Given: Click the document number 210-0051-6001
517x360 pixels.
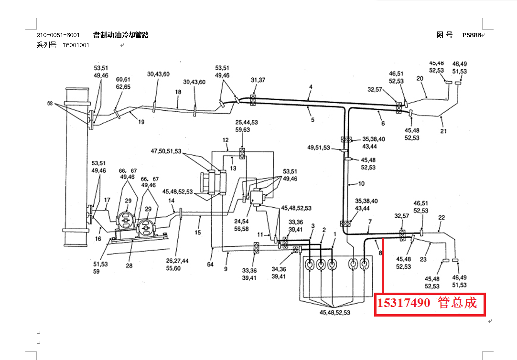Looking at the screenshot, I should coord(58,35).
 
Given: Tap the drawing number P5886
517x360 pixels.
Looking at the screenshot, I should coord(471,35).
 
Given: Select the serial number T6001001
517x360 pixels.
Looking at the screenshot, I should coord(76,45).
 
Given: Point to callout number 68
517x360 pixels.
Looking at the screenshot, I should coord(50,103).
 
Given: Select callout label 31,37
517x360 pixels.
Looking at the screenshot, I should coord(258,80).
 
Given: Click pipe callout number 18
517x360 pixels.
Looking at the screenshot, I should coord(178,91).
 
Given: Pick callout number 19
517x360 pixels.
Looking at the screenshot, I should coord(141,122).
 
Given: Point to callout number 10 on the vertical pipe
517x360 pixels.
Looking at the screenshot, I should coord(361,183).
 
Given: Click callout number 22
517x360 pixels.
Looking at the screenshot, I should coord(442,217).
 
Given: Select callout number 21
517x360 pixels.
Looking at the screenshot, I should coord(444,131).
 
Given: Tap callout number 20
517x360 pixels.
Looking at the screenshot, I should coord(420,78).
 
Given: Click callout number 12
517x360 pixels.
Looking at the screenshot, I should coord(226,140).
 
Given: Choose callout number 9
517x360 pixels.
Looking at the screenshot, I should coord(226,269).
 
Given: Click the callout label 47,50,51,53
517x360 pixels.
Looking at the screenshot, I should coord(166,151).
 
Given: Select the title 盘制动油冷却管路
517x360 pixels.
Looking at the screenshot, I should coord(121,35).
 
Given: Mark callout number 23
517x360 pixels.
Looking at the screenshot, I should coord(423,260).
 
